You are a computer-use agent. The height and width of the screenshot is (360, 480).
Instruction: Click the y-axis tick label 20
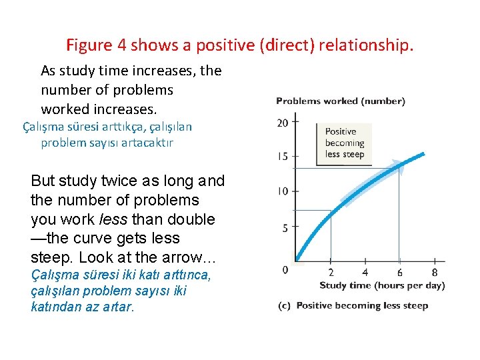[x=283, y=122]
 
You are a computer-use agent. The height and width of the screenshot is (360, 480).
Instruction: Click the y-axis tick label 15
[x=283, y=157]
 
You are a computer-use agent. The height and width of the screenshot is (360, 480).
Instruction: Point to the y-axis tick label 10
[x=283, y=192]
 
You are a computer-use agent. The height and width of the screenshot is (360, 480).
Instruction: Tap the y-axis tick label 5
[x=285, y=227]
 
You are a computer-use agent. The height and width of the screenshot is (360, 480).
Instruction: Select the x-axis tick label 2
[x=331, y=272]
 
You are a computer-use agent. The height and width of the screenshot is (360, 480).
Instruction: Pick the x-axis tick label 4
[x=365, y=272]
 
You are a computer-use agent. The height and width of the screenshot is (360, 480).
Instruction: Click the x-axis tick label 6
[x=399, y=272]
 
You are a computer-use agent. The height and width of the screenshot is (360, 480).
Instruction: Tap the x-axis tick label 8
[x=434, y=272]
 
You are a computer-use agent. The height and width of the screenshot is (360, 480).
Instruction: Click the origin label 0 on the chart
[x=285, y=269]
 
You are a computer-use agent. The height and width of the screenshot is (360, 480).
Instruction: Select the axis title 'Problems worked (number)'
[x=340, y=101]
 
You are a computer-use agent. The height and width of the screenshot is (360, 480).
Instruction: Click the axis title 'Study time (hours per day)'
[x=382, y=285]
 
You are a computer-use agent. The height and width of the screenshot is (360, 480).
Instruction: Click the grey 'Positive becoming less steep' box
[x=344, y=142]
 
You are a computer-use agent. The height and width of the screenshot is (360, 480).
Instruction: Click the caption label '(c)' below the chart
[x=284, y=305]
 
